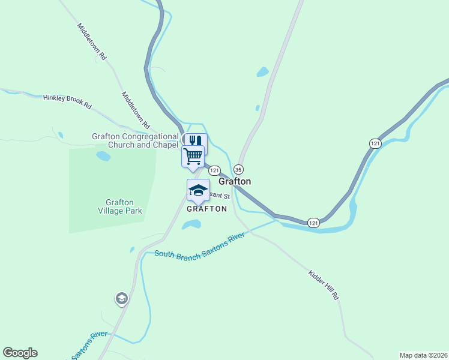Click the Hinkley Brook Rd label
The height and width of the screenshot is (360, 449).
(x=67, y=102)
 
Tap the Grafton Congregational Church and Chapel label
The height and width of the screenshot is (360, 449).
(x=135, y=140)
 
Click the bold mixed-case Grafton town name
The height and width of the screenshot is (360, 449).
(x=235, y=181)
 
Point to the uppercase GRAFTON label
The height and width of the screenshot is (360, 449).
(x=207, y=209)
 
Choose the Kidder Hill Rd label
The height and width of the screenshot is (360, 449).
(x=324, y=285)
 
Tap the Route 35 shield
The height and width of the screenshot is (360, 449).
(x=239, y=169)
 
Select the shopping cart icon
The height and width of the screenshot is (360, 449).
(x=193, y=156)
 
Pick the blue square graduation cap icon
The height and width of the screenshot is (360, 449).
(x=198, y=190)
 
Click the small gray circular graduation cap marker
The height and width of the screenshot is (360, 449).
(x=122, y=298)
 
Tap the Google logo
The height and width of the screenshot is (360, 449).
(x=20, y=353)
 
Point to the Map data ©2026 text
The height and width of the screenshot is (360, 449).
(x=423, y=355)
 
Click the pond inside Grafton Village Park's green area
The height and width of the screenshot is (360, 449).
(x=103, y=156)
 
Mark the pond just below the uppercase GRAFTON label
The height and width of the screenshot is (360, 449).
(x=191, y=224)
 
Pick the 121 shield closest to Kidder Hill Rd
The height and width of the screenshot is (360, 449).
(x=313, y=223)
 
